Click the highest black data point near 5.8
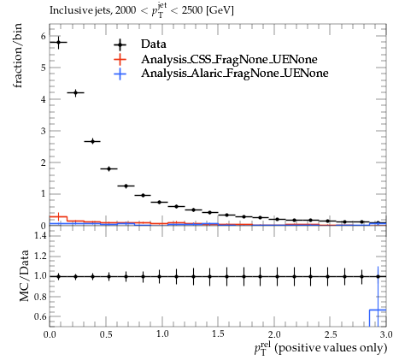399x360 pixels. [59, 43]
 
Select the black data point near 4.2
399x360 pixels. [75, 92]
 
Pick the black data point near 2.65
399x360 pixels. [92, 141]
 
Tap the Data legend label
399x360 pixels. [154, 44]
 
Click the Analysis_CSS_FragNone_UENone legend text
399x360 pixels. [229, 59]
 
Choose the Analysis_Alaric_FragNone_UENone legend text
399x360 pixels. [235, 74]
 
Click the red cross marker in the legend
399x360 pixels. [120, 59]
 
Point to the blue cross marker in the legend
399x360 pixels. [120, 74]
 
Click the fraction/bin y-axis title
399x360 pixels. [17, 56]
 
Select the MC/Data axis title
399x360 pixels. [25, 275]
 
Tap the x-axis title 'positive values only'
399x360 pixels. [332, 348]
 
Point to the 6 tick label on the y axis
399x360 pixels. [43, 36]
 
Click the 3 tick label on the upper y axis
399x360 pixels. [43, 131]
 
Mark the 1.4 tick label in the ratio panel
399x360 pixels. [40, 235]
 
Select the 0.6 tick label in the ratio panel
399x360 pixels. [40, 316]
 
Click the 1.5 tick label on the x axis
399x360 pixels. [218, 334]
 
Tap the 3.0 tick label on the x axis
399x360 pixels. [386, 334]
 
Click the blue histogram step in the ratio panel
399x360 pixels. [378, 310]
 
